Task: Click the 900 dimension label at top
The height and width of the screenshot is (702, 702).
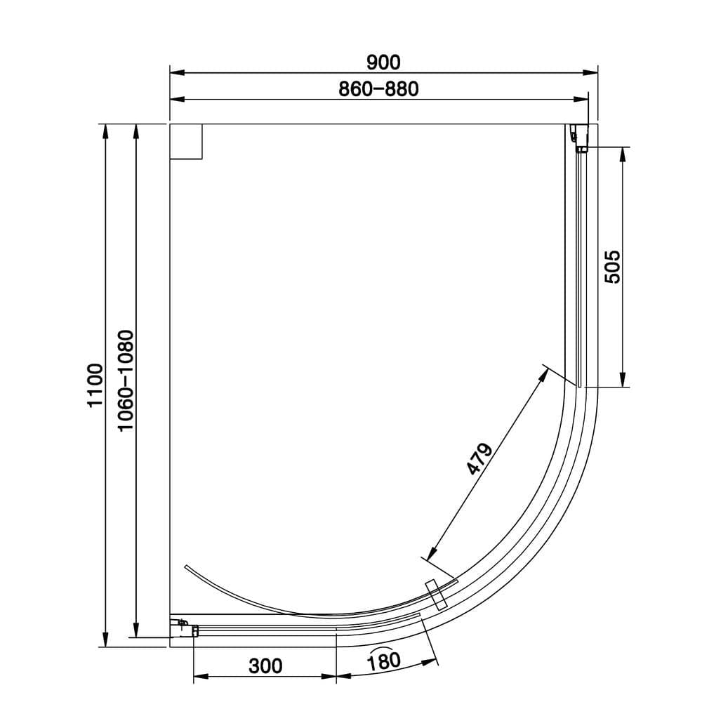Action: point(383,62)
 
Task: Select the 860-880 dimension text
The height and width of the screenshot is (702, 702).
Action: point(378,89)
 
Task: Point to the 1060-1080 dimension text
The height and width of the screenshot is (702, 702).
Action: point(125,381)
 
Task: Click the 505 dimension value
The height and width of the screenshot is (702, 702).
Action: point(612,267)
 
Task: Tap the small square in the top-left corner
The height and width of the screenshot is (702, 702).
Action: point(186,141)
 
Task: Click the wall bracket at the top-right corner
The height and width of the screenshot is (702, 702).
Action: point(578,138)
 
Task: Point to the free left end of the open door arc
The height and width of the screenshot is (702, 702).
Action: point(184,566)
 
